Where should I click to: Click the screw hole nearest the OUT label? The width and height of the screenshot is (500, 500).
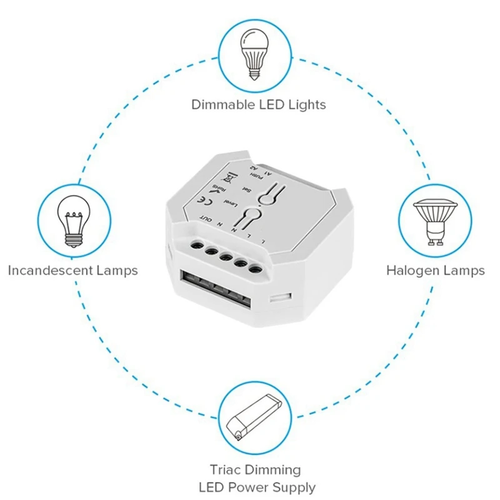pyautogui.click(x=196, y=244)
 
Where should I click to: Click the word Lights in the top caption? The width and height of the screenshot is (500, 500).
pyautogui.click(x=307, y=104)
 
